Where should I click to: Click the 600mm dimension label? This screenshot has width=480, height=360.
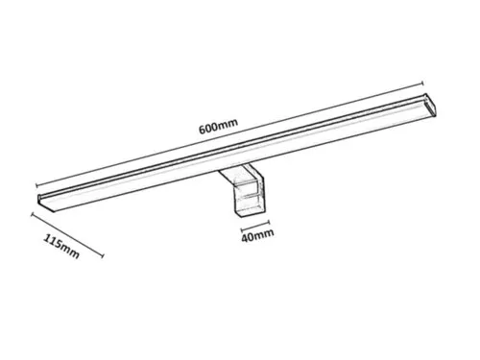pos(219,126)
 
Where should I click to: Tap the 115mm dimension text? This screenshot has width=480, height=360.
pos(61,246)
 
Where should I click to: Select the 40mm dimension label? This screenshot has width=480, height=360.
pos(257,235)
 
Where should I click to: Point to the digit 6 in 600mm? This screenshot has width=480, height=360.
pos(203,130)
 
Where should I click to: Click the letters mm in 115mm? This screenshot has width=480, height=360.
pos(70,251)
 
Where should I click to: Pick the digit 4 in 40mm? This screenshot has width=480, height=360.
pos(245,238)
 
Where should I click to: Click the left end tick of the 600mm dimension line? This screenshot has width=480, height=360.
pos(37,185)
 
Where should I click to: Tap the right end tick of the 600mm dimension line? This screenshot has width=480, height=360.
pos(423,84)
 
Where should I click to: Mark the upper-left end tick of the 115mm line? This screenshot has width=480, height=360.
pos(33,214)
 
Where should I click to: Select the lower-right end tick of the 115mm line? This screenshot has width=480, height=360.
pos(103,255)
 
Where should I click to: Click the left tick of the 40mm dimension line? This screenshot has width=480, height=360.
pos(242,229)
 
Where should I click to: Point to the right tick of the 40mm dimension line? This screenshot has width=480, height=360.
pos(269,222)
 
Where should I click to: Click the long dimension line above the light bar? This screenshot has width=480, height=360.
pos(230,134)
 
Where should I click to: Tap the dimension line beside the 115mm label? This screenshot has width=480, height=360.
pos(67,235)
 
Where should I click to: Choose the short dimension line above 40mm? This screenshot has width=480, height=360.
pos(255,226)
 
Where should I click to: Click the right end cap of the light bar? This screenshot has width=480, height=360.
pos(430,104)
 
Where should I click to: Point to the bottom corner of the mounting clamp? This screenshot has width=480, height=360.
pos(241,217)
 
